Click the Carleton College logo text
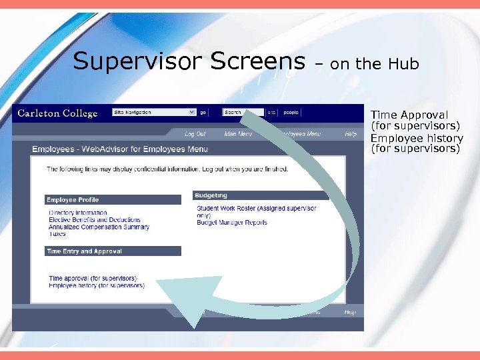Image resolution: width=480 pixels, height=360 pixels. [57, 113]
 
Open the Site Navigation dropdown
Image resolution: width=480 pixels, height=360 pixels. [154, 113]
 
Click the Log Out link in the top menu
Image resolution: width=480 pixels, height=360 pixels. [195, 134]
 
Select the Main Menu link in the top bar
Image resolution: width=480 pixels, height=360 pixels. [238, 134]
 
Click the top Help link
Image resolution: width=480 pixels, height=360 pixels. [350, 134]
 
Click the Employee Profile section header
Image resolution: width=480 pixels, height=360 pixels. [73, 200]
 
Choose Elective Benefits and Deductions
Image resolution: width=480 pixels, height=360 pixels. [95, 220]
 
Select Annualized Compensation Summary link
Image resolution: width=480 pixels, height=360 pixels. [99, 227]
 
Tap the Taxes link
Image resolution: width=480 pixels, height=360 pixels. [57, 234]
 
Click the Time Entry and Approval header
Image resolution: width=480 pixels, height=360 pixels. [84, 251]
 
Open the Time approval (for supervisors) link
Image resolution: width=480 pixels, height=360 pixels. [93, 278]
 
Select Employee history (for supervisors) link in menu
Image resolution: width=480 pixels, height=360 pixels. [97, 285]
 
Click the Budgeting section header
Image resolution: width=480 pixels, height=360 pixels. [211, 196]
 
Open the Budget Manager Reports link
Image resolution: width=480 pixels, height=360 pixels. [232, 223]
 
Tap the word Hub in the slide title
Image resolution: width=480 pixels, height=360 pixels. [405, 64]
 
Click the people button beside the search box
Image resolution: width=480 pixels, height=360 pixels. [291, 113]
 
